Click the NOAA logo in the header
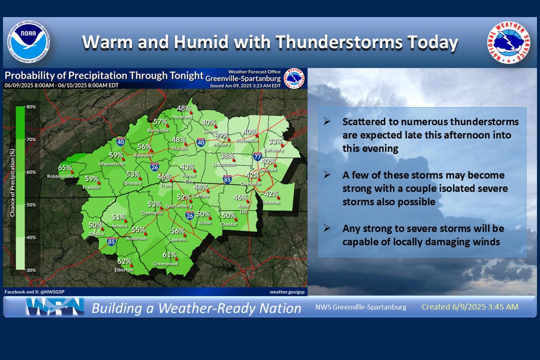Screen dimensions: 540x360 (x=28, y=42)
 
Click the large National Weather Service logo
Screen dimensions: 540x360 (x=508, y=42)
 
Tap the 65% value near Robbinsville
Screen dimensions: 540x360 (x=65, y=168)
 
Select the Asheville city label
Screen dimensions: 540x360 (x=143, y=155)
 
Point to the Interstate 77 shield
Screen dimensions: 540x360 (x=257, y=156)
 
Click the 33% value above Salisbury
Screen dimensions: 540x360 (x=275, y=141)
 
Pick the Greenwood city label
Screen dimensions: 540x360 (x=165, y=264)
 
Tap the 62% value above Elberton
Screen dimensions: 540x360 (x=124, y=261)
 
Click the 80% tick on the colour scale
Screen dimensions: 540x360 (x=31, y=107)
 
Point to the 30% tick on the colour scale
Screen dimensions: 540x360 (x=31, y=270)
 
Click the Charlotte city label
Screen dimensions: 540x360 (x=250, y=184)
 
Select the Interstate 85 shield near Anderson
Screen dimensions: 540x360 (x=111, y=241)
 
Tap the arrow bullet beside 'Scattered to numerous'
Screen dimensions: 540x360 (x=327, y=121)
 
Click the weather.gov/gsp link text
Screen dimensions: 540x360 (x=287, y=292)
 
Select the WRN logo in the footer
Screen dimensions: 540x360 (x=55, y=307)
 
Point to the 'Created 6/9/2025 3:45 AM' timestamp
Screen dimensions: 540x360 (x=470, y=307)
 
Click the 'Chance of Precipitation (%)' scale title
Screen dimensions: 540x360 (x=13, y=183)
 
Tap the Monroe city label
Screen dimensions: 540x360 (x=271, y=203)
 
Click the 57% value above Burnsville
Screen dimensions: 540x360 (x=160, y=122)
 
